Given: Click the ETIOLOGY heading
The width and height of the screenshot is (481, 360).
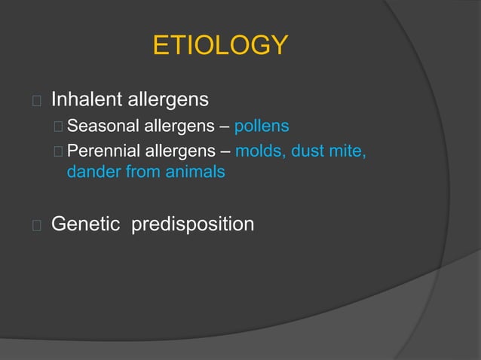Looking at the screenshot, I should tap(220, 46).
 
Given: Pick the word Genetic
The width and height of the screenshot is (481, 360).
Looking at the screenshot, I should tap(86, 224).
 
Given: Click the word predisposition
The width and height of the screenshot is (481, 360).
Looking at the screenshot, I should tap(192, 225).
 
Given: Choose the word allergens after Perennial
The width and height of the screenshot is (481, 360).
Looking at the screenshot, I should tap(183, 153).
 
